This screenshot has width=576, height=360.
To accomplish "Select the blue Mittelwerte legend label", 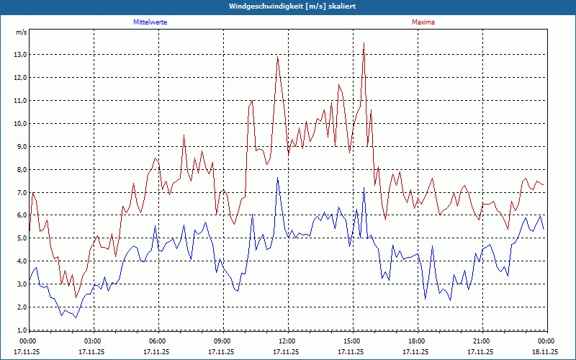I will point(150,22).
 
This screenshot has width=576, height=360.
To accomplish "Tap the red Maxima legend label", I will point(423,22).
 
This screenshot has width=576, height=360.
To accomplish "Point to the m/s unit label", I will point(21,32).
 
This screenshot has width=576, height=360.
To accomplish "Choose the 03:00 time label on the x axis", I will point(93,341).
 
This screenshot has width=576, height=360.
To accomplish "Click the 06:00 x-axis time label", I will point(158,341).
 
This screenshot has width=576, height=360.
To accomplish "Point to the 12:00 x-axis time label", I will point(287,341).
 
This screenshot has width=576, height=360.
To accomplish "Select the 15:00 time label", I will point(352,341).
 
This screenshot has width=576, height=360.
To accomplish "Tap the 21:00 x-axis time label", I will point(482,341).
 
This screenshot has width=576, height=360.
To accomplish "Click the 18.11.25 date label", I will point(545,352).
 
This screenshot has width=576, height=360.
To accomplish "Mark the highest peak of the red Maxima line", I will point(364,43).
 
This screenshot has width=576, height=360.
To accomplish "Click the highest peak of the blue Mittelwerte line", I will point(278,177).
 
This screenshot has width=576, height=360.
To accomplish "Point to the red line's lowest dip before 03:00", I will point(76,297).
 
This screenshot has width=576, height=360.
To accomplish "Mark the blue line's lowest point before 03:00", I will point(76,317).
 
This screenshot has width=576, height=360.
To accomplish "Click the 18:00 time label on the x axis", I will point(417,341).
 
